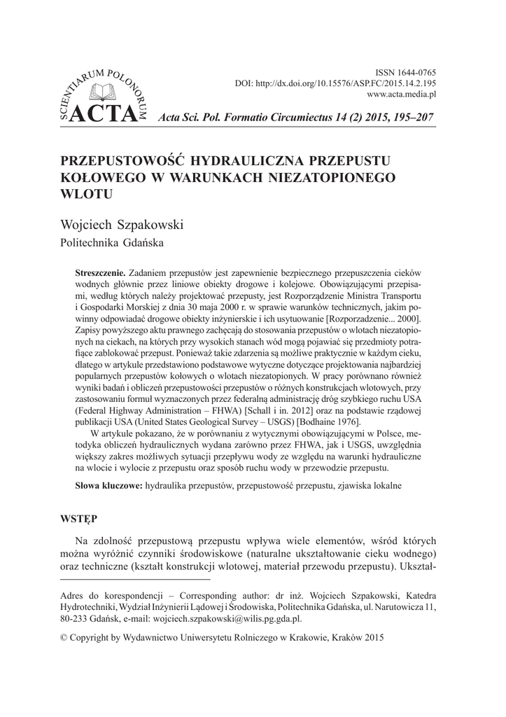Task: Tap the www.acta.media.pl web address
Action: (402, 93)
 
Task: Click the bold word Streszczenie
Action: (100, 270)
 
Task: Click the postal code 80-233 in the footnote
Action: (77, 619)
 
